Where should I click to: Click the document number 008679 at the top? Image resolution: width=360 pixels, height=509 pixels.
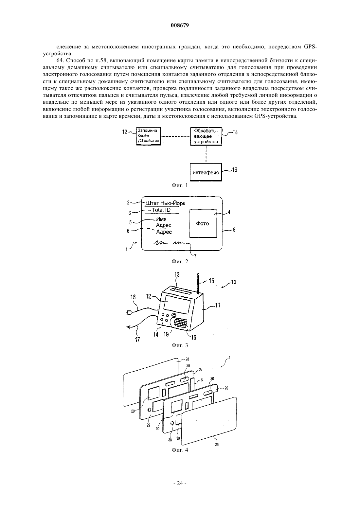tap(180, 25)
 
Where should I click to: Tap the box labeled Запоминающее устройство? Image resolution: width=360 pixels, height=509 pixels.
tap(148, 136)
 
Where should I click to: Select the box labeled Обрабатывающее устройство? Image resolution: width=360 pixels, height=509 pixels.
tap(206, 136)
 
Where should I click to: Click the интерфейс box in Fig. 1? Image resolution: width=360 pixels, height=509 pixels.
tap(206, 172)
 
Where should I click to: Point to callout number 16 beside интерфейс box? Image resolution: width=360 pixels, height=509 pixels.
tap(234, 170)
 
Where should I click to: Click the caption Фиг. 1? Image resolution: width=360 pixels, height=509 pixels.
tap(180, 185)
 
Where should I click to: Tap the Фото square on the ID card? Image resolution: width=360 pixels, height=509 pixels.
tap(203, 224)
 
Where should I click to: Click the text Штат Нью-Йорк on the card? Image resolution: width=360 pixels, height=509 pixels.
tap(166, 203)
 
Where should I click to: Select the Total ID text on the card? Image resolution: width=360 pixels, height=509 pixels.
tap(161, 210)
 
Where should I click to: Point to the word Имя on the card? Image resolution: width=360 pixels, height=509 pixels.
tap(161, 219)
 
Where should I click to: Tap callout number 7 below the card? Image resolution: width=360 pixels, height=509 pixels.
tap(195, 256)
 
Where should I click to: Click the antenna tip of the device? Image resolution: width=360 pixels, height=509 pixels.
tap(198, 274)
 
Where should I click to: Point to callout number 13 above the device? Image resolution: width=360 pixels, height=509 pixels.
tap(177, 274)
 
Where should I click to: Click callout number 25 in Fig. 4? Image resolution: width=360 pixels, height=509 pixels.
tap(217, 445)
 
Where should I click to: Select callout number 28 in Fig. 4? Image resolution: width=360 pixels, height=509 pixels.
tap(187, 359)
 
